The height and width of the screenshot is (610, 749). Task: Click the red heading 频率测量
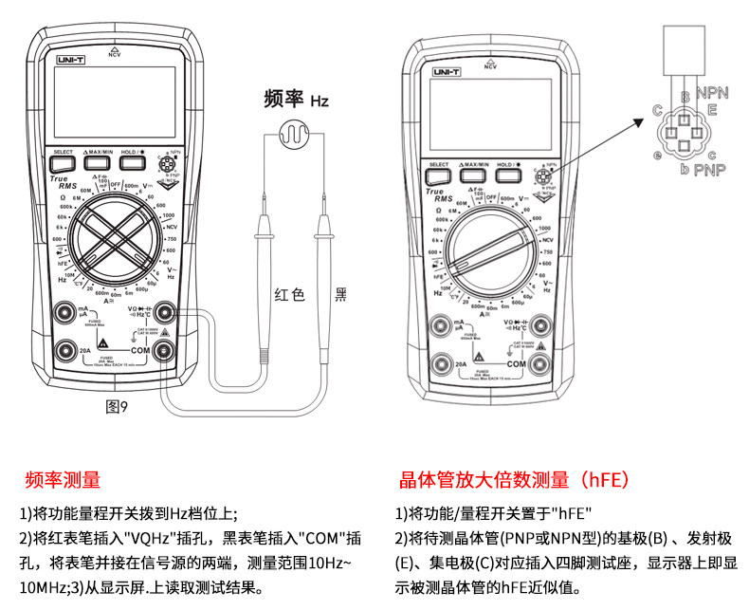(x=63, y=480)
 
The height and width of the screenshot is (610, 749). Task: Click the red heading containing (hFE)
(x=515, y=480)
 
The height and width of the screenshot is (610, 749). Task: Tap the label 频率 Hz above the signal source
(x=296, y=99)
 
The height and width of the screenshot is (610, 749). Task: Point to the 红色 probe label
(x=288, y=295)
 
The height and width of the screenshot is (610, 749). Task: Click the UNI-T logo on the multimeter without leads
(x=448, y=72)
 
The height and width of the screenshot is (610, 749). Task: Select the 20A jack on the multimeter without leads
(x=439, y=363)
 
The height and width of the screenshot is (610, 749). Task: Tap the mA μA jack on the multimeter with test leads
(x=65, y=312)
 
